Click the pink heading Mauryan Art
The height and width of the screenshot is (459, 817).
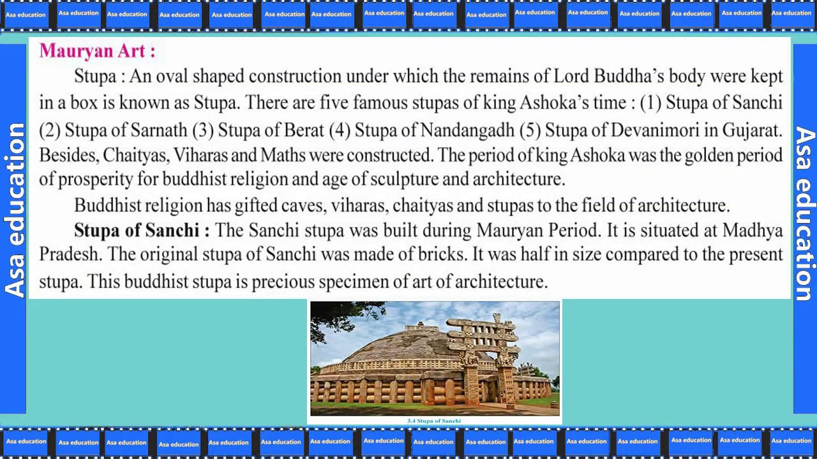pos(97,50)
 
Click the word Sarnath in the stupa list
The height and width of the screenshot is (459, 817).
pos(159,129)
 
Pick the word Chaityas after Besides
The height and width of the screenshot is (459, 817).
pos(137,155)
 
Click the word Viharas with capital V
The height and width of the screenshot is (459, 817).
pos(200,155)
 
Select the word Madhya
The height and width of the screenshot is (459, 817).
pos(753,231)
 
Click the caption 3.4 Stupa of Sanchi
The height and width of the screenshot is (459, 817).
pos(434,421)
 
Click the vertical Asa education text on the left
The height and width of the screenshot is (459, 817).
pos(14,210)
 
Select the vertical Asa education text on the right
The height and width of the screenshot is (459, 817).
pos(805,214)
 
